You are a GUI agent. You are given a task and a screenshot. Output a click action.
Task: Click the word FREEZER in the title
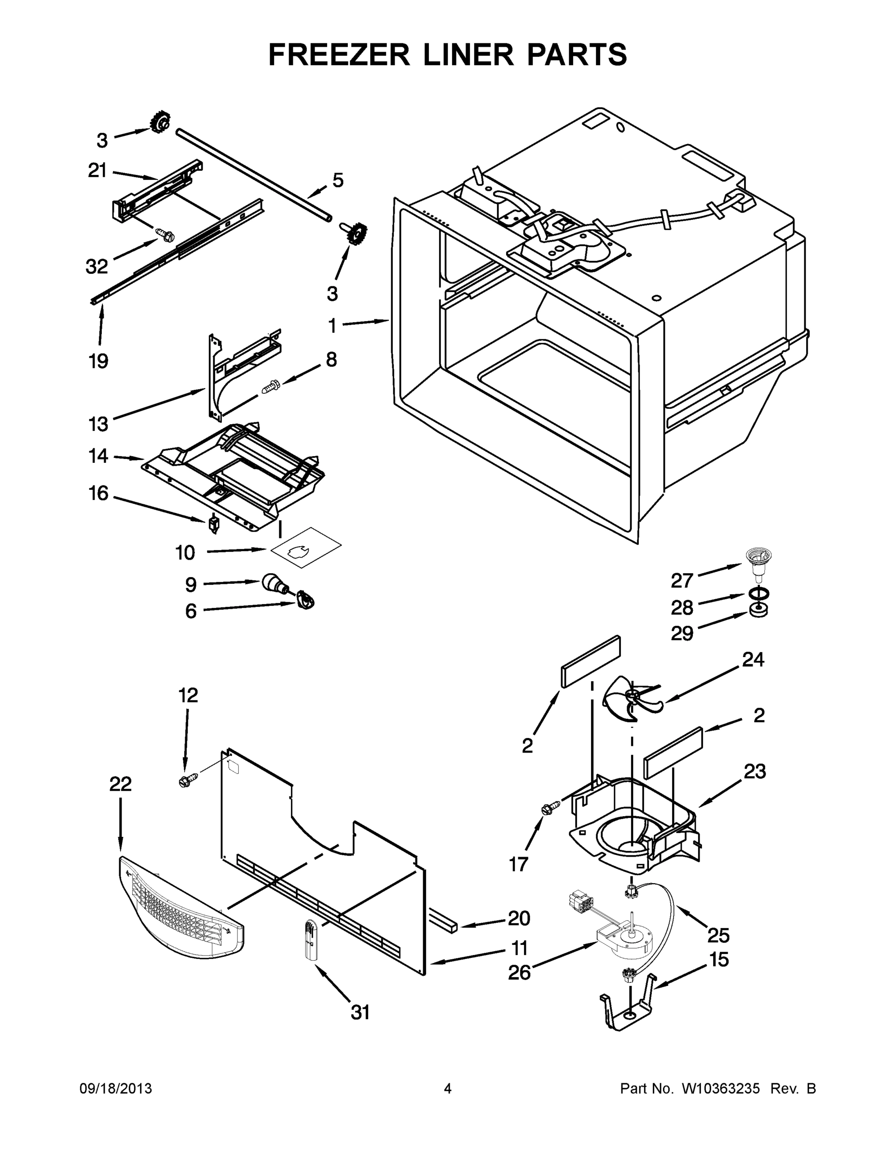[339, 54]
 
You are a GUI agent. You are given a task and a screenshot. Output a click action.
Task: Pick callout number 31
[360, 1012]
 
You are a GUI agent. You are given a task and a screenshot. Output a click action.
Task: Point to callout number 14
[98, 456]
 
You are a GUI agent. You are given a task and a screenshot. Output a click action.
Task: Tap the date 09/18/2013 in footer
[116, 1089]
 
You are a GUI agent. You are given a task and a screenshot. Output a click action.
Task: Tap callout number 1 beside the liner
[332, 326]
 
